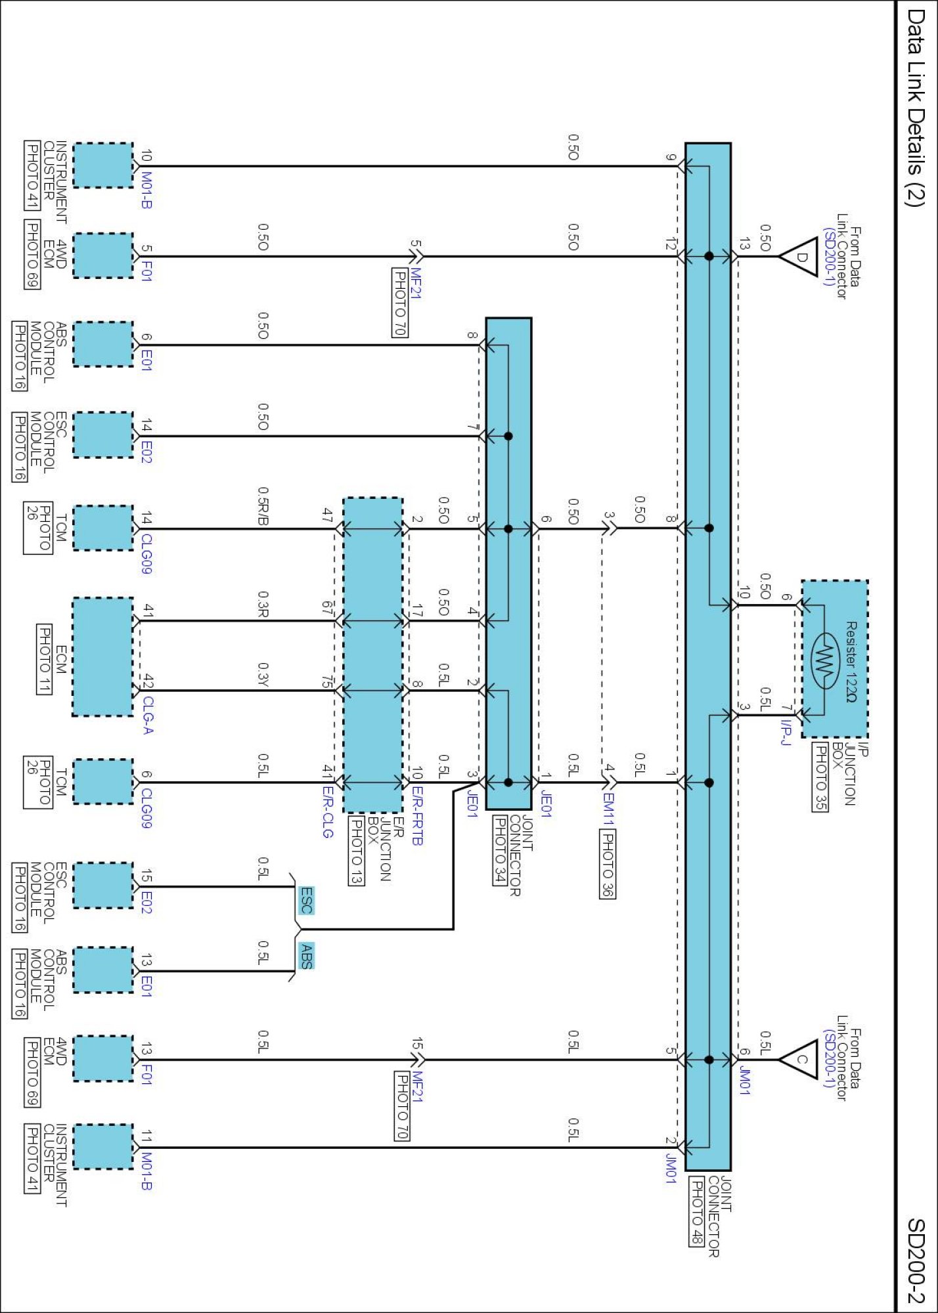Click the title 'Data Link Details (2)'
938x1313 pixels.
click(x=916, y=108)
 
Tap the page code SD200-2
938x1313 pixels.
click(x=916, y=1260)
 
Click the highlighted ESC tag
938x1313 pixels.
click(x=306, y=900)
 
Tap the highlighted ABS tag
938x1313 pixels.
click(x=306, y=956)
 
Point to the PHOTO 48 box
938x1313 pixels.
click(x=696, y=1211)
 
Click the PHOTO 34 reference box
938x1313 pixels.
click(x=500, y=850)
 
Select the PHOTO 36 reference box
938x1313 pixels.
click(x=608, y=864)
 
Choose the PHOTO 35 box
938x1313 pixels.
click(x=820, y=777)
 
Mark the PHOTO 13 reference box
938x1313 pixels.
click(x=355, y=850)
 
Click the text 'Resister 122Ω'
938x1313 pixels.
click(x=851, y=662)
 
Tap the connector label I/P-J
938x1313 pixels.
click(x=786, y=732)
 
